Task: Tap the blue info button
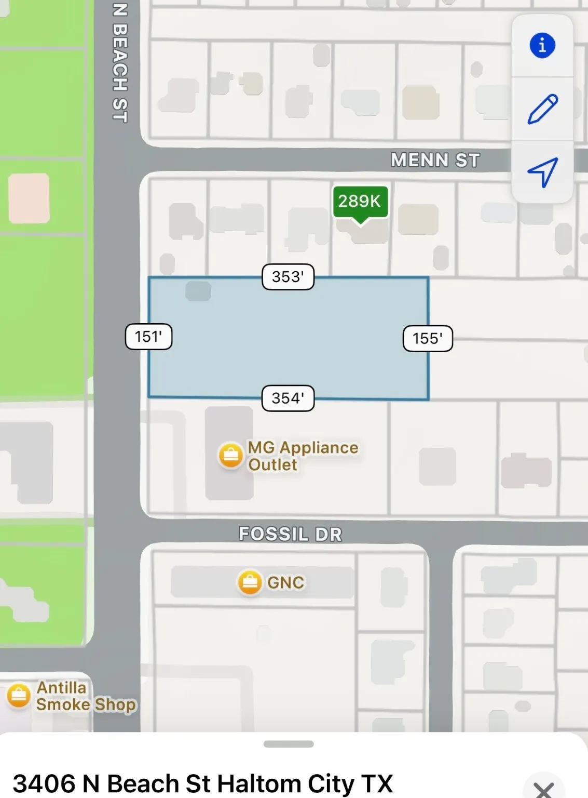tap(542, 45)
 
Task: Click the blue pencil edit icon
tap(542, 109)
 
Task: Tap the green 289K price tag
tap(360, 202)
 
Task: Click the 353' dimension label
tap(288, 277)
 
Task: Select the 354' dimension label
tap(288, 398)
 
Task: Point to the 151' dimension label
tap(148, 337)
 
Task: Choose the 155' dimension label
tap(428, 339)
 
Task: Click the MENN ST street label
tap(435, 160)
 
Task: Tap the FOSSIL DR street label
tap(290, 534)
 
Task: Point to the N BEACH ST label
tap(119, 62)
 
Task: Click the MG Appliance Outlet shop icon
tap(230, 456)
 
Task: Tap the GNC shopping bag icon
tap(250, 582)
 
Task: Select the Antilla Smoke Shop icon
tap(19, 696)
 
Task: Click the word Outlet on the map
tap(272, 464)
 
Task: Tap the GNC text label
tap(285, 582)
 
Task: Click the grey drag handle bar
tap(289, 744)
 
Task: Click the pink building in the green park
tap(29, 198)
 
